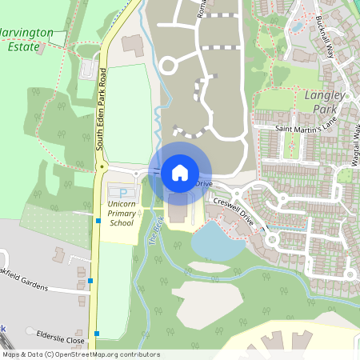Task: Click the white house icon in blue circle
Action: coord(180,172)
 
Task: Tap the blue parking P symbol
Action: coord(122,192)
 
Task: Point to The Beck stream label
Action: coord(155,232)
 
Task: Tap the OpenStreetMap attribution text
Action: coord(81,354)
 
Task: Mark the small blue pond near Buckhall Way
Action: coord(298,26)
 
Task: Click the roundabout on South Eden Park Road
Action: coord(102,167)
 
